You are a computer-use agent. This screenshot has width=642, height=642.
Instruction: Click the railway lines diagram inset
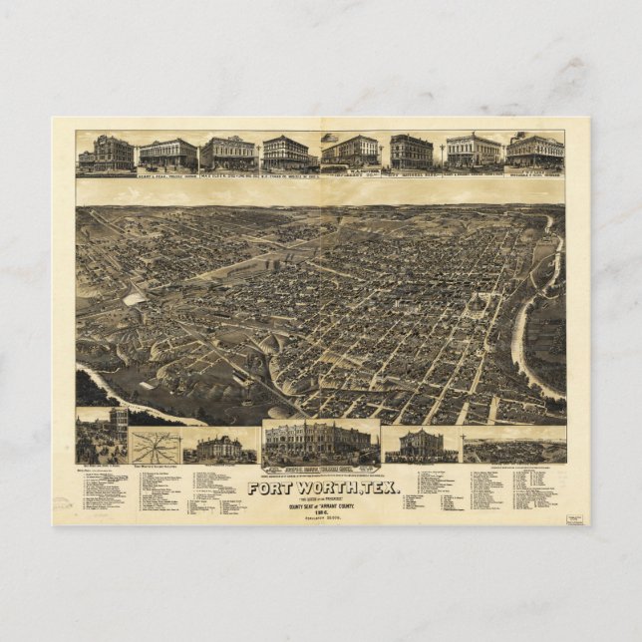point(155,446)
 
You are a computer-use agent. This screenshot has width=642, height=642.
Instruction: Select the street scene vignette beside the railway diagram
point(102,437)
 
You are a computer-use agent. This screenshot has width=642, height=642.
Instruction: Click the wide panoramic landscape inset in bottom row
point(514,449)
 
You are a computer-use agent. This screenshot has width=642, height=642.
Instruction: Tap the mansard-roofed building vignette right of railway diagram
point(218,448)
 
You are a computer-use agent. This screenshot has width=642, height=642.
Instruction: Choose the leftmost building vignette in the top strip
point(106,154)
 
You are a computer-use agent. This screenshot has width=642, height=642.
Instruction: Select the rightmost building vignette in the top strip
point(535,152)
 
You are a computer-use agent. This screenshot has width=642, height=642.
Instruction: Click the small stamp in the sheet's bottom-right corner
point(574,518)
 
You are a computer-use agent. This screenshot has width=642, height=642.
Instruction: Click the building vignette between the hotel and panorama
point(421,445)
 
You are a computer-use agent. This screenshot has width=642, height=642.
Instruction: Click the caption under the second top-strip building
point(166,173)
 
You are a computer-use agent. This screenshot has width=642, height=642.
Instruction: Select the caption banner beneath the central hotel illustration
point(321,468)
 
